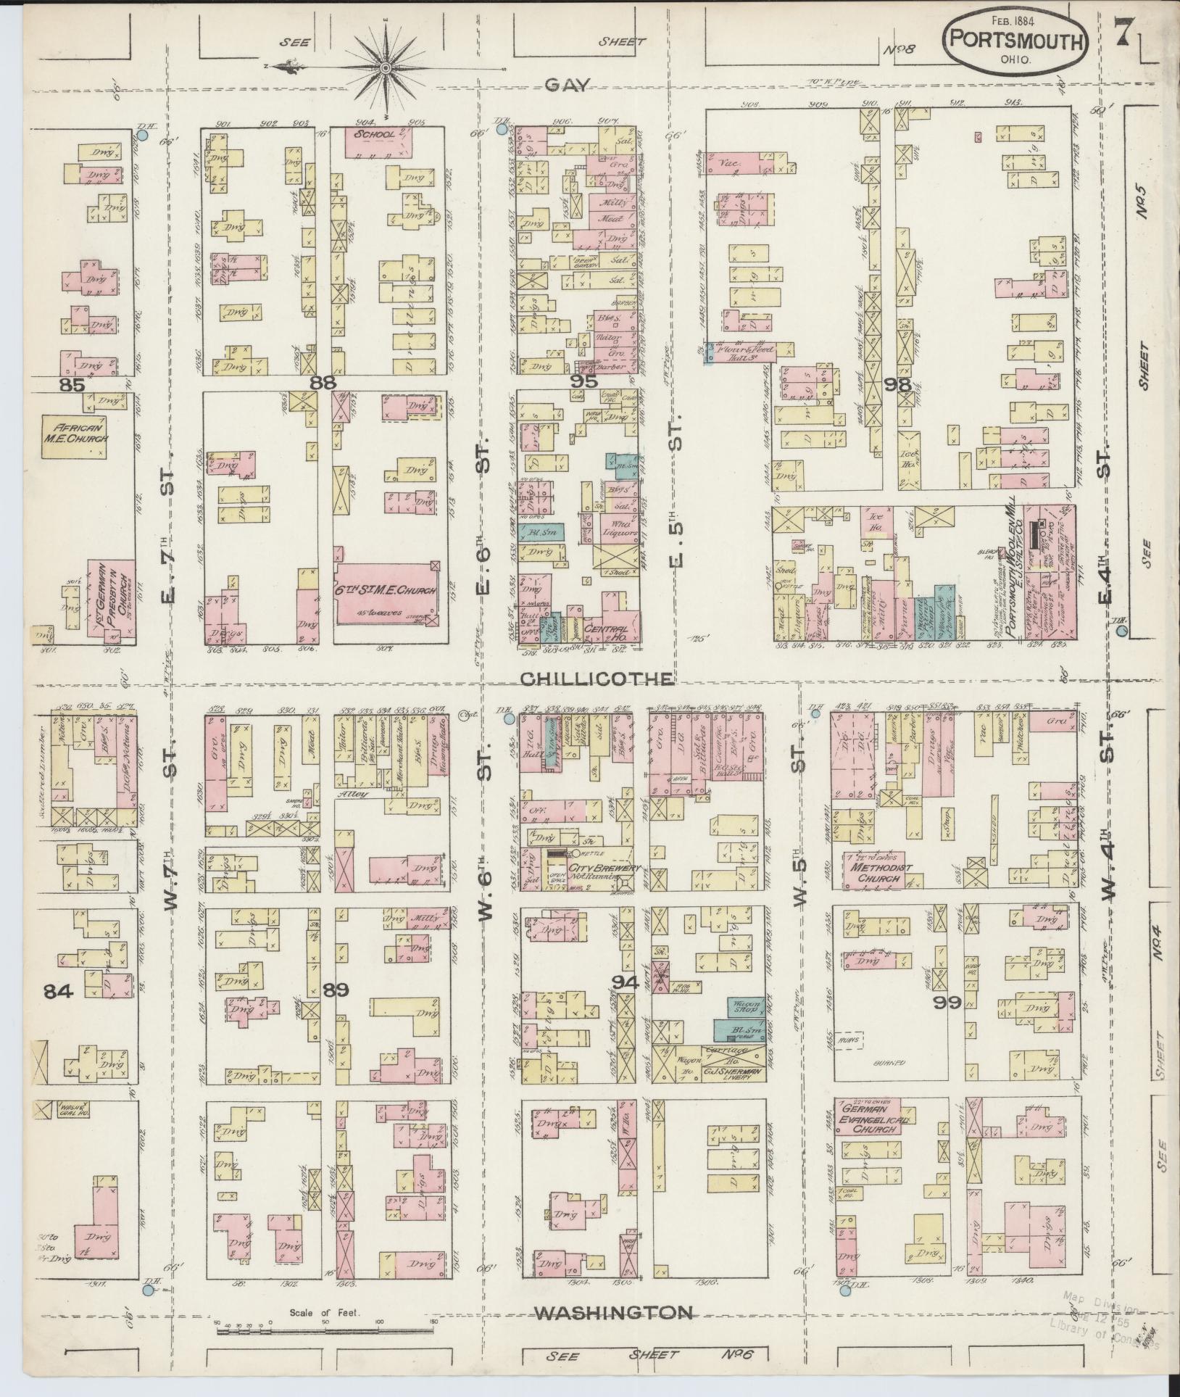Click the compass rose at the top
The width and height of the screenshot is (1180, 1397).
coord(385,67)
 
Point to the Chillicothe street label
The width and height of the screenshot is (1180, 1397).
coord(597,679)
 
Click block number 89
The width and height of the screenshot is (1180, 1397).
coord(336,990)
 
